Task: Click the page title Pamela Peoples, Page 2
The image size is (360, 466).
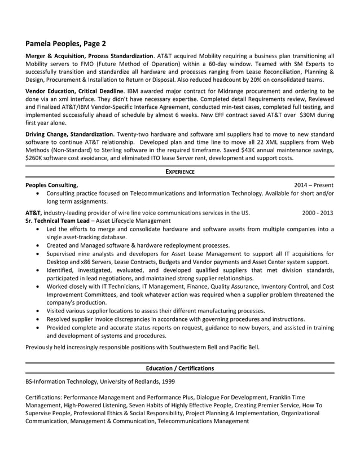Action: [x=65, y=43]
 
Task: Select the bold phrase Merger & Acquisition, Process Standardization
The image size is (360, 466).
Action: [x=89, y=56]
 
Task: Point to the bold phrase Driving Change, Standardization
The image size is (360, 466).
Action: [x=69, y=134]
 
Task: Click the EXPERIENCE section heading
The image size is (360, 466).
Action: [x=179, y=172]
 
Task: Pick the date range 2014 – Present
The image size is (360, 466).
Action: [x=314, y=185]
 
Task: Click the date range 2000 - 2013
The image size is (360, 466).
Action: [x=318, y=213]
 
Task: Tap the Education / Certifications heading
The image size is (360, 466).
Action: [x=179, y=368]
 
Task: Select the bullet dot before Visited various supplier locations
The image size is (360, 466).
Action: [x=37, y=311]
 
